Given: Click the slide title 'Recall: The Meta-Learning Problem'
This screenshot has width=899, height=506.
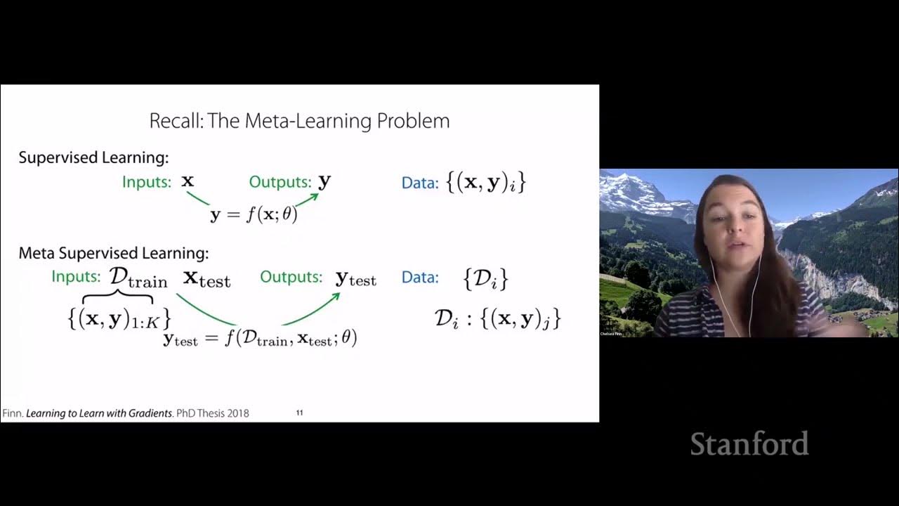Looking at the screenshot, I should tap(299, 121).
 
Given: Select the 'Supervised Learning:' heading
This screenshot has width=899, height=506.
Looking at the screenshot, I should tap(93, 157).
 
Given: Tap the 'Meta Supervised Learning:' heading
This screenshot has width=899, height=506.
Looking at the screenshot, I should tap(114, 253).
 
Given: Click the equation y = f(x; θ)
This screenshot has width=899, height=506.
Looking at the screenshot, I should tap(254, 214).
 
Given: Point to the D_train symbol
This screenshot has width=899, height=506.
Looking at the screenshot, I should tap(138, 278).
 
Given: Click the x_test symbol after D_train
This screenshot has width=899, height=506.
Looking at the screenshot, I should tap(206, 278).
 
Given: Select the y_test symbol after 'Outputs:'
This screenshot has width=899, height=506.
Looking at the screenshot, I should tap(356, 278).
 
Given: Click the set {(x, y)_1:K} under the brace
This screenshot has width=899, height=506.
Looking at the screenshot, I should tap(119, 318).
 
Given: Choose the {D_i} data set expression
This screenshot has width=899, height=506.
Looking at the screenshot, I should tap(485, 278).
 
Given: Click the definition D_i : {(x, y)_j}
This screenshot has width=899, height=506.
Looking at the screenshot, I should tap(497, 318).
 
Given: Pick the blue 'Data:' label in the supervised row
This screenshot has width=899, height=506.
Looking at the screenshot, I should tap(419, 183).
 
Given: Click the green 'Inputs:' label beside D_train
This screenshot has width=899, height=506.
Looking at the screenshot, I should tap(76, 277).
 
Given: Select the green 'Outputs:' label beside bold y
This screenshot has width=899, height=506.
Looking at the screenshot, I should tap(280, 182).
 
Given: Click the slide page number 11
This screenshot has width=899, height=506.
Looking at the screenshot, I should tap(299, 413).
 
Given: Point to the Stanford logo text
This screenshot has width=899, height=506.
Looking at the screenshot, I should tap(749, 444).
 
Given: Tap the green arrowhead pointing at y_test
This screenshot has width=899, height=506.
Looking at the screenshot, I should tap(336, 297).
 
